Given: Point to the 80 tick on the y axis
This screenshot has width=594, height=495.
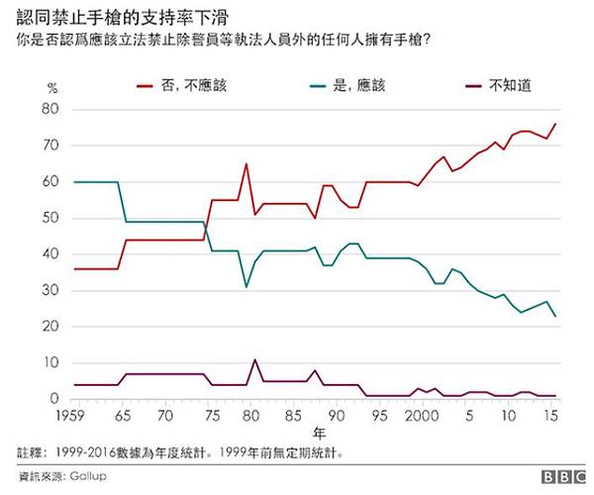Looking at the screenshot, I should pos(53,110).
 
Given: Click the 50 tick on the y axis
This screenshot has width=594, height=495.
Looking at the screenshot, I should pos(53,218).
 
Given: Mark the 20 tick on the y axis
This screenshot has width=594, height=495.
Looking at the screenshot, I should pos(53,327).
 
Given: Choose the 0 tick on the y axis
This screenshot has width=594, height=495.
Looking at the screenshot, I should pos(56,399).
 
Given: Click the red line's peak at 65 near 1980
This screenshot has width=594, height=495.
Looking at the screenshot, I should pos(246,163).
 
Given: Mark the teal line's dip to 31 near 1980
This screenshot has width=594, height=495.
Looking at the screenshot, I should pos(247,287).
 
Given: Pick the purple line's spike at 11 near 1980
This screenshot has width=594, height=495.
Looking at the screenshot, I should pos(254,359).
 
